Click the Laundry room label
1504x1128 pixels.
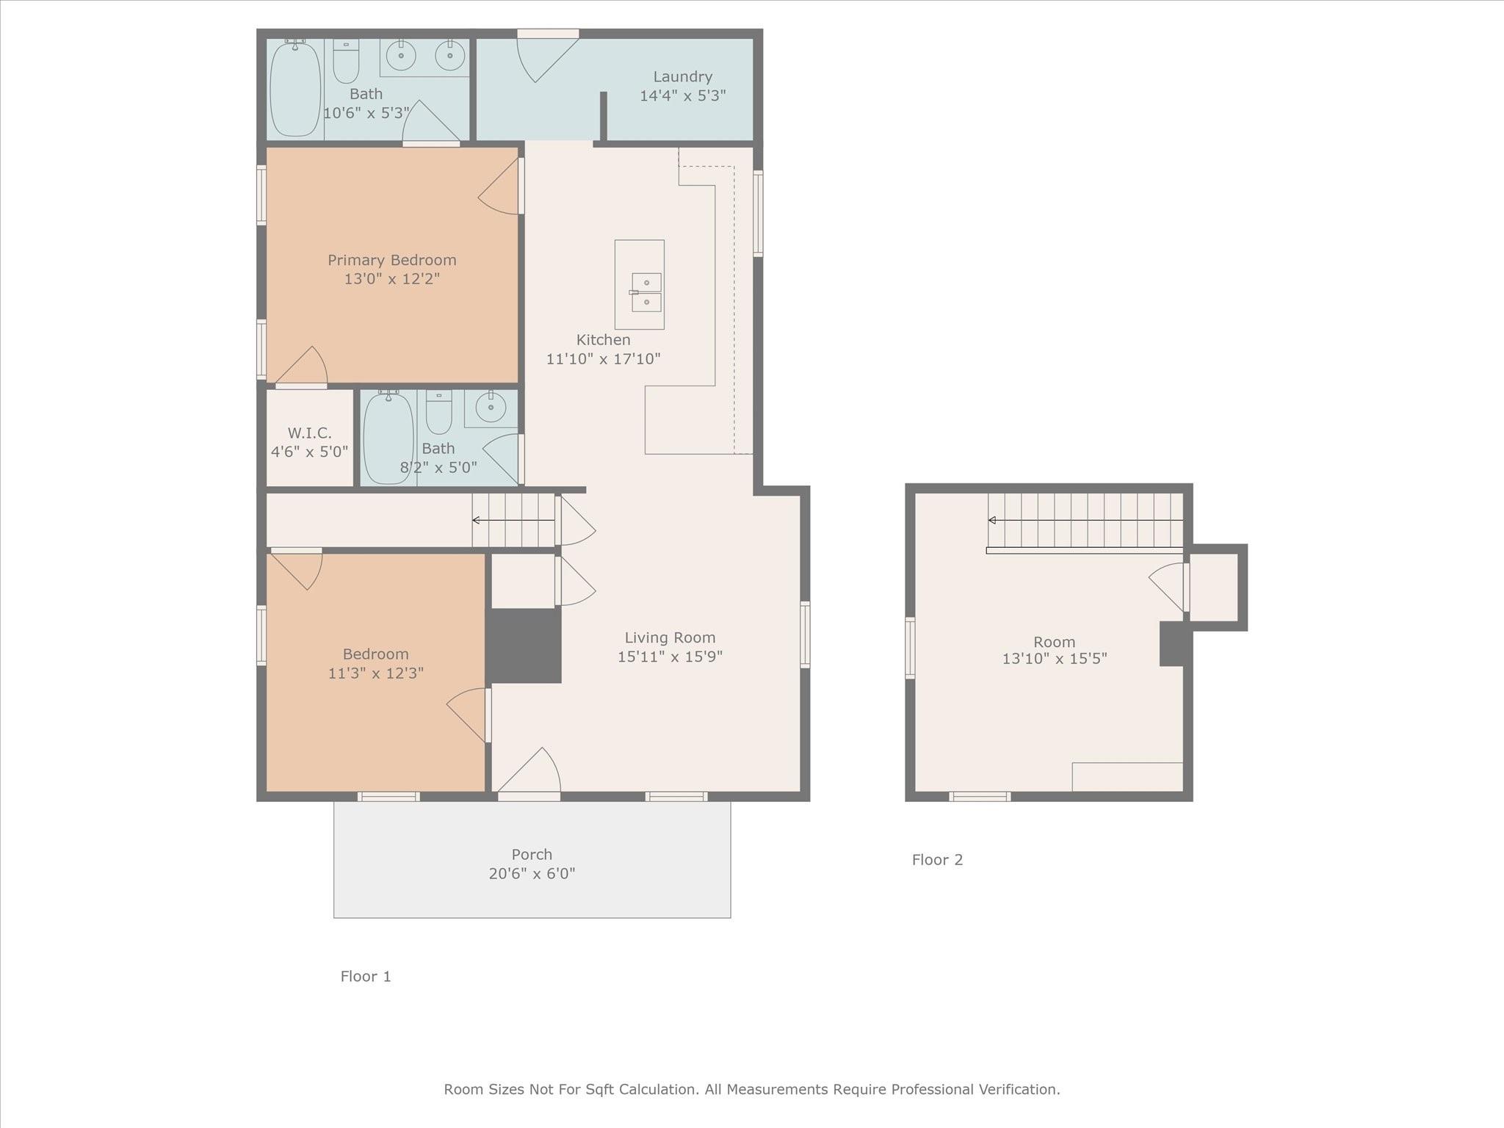683,77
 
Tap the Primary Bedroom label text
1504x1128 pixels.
392,260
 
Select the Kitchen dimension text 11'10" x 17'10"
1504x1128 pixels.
604,359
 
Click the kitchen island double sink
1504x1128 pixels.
646,292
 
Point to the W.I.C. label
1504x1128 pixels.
309,433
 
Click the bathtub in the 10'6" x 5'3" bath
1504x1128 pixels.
295,89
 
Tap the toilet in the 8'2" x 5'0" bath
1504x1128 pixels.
439,413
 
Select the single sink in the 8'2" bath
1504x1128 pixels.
491,407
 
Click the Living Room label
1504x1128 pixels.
670,638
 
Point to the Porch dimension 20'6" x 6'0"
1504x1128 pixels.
532,874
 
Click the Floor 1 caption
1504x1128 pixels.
366,977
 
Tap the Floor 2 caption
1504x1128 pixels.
937,860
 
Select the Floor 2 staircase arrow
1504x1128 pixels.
1085,521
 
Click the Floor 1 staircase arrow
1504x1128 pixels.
513,521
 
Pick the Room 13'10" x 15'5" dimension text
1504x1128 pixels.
1055,659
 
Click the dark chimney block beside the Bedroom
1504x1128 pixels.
524,646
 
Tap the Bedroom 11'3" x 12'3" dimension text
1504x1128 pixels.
376,673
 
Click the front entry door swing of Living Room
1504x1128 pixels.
529,771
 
